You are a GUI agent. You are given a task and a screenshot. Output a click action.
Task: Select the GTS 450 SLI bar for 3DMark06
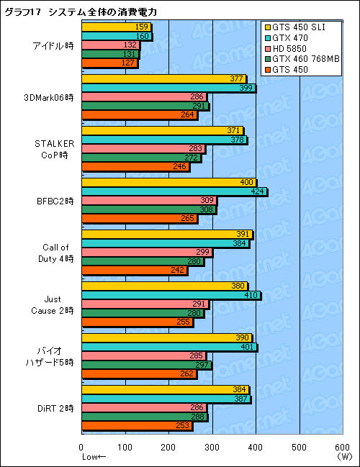point(164,79)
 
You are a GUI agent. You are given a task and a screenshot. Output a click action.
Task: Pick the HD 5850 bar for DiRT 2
point(144,407)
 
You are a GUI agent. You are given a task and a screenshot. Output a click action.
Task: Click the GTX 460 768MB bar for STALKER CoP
point(141,158)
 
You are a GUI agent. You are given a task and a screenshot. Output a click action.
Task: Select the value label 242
point(179,271)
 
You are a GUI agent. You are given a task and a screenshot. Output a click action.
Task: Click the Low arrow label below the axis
point(94,457)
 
